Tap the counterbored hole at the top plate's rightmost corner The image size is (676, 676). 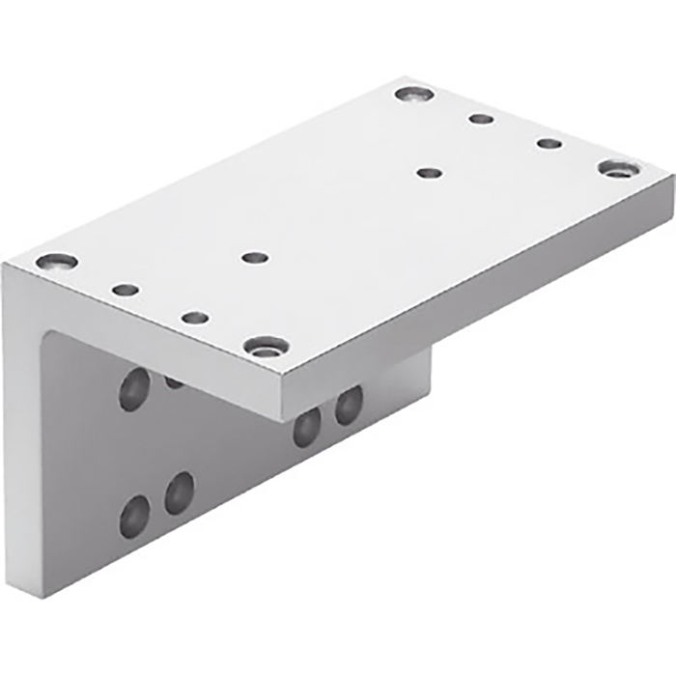pyautogui.click(x=618, y=168)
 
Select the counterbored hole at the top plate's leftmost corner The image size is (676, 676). pyautogui.click(x=55, y=261)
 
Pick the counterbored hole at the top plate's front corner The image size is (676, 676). pyautogui.click(x=266, y=345)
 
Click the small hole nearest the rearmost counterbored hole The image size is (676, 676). pyautogui.click(x=481, y=119)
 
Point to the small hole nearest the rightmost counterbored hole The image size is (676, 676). pyautogui.click(x=549, y=143)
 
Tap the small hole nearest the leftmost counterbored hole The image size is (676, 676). pyautogui.click(x=125, y=289)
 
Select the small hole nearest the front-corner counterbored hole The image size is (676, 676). pyautogui.click(x=195, y=317)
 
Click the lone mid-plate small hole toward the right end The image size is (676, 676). pyautogui.click(x=429, y=173)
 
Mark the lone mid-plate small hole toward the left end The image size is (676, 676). pyautogui.click(x=255, y=258)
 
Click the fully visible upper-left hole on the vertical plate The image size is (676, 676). pyautogui.click(x=134, y=388)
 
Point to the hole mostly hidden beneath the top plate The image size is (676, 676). pyautogui.click(x=175, y=380)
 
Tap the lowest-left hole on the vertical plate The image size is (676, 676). pyautogui.click(x=134, y=516)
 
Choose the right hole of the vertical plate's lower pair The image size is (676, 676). pyautogui.click(x=179, y=493)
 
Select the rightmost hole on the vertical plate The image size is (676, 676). pyautogui.click(x=349, y=405)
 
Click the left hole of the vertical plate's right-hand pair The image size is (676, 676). pyautogui.click(x=307, y=425)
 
